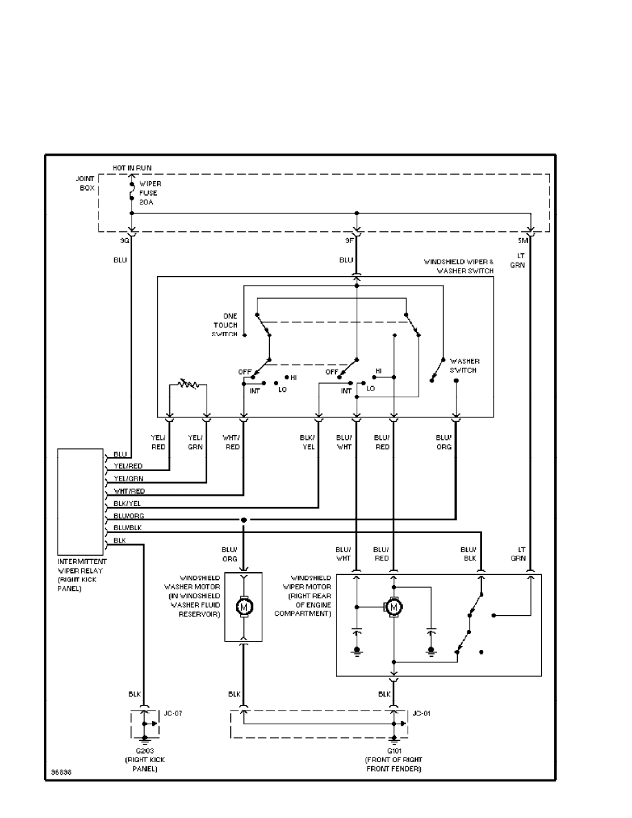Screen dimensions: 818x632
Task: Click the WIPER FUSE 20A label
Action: (151, 193)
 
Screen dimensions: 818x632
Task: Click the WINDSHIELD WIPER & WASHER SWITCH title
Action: (459, 266)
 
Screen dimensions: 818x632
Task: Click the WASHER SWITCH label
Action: (465, 366)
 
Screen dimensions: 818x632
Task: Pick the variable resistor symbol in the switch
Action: (187, 383)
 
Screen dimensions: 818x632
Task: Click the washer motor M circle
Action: (244, 607)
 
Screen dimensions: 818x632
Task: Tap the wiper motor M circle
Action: (394, 607)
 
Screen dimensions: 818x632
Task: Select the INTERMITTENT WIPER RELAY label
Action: (82, 575)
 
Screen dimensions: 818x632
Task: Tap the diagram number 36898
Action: (60, 772)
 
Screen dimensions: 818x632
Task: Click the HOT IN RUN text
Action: (132, 168)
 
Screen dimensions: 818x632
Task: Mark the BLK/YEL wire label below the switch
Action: (307, 442)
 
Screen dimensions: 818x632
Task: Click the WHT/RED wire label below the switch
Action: (232, 442)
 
